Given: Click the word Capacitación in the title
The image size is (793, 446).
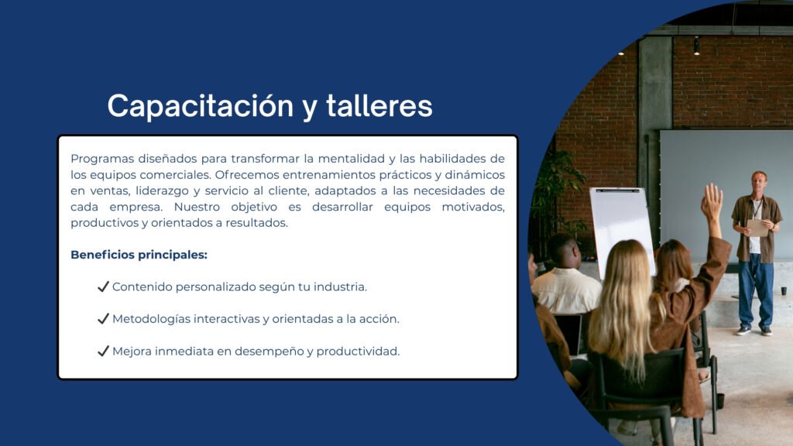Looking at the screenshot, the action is [x=201, y=105].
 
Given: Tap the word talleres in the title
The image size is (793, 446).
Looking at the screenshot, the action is [x=379, y=105].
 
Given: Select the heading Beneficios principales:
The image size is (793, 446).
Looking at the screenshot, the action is [x=139, y=255].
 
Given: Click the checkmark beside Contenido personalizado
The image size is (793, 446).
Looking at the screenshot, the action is [x=103, y=286].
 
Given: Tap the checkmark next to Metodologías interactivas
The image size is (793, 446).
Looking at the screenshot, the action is [x=103, y=318].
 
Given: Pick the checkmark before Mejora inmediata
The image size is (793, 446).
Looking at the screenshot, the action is [x=103, y=351].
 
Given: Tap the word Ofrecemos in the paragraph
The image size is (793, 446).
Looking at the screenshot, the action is [x=247, y=174].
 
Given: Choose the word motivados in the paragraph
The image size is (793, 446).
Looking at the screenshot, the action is [x=473, y=207].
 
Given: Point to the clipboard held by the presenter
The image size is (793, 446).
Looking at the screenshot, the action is [x=757, y=228].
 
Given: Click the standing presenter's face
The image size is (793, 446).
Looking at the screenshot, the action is [x=759, y=180].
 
